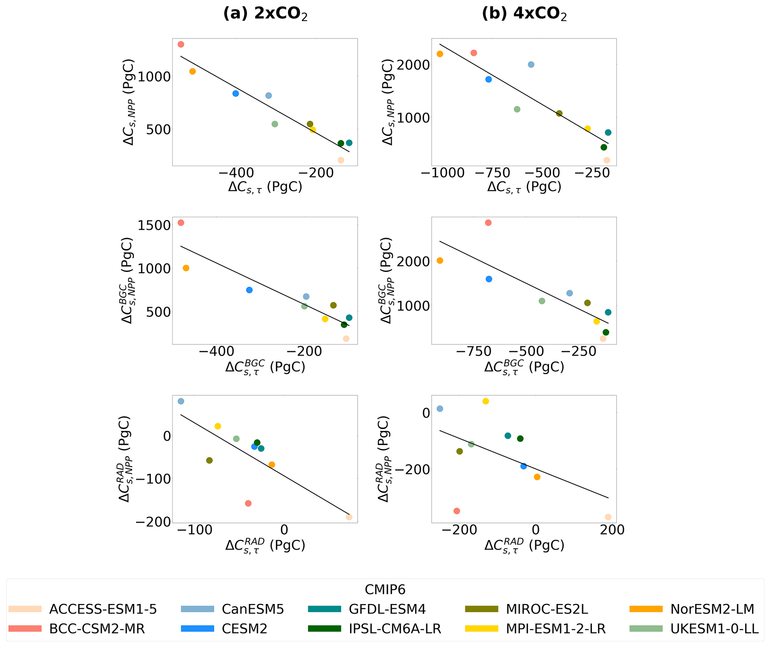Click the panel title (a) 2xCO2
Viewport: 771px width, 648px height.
265,14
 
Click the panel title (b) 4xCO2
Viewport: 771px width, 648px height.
524,14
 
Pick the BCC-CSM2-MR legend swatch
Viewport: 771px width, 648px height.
25,629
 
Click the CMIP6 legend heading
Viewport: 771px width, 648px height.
385,590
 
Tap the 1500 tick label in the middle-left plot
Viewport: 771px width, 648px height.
154,225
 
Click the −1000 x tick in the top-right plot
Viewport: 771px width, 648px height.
442,173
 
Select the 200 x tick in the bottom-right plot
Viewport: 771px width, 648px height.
612,530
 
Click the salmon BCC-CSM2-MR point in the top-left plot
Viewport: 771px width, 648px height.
181,44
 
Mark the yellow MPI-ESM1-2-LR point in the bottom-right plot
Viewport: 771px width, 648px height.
486,401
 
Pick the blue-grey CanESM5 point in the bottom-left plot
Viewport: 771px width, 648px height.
181,401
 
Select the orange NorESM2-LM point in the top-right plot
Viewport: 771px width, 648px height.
440,54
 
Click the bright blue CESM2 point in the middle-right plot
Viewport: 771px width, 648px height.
489,279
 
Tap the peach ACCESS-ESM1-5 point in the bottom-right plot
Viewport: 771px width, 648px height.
608,517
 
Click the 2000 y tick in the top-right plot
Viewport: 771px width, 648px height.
413,65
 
